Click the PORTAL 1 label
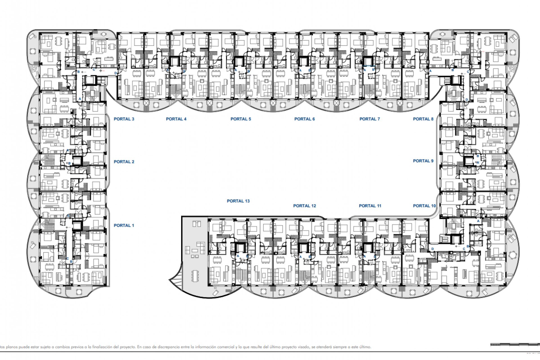(x=124, y=225)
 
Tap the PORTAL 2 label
(x=124, y=162)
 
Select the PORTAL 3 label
(x=124, y=119)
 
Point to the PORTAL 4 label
(x=176, y=119)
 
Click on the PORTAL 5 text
(x=241, y=119)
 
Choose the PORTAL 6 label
(x=305, y=119)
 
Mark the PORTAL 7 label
(x=370, y=119)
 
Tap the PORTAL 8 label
(x=423, y=119)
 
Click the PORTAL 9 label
(x=423, y=161)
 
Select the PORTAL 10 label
(x=424, y=206)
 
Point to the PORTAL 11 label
(x=370, y=206)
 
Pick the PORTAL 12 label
(x=305, y=206)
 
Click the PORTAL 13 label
(x=238, y=201)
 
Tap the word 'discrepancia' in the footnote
(x=168, y=347)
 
